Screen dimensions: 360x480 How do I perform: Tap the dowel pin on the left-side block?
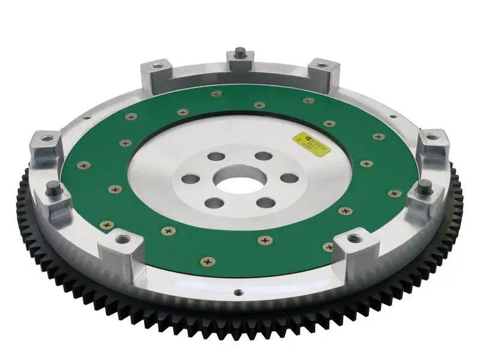click(x=53, y=186)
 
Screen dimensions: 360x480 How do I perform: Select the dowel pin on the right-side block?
click(x=424, y=184)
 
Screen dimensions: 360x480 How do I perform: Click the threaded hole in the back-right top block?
click(x=318, y=65)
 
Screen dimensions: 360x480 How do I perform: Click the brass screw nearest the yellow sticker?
click(x=329, y=124)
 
